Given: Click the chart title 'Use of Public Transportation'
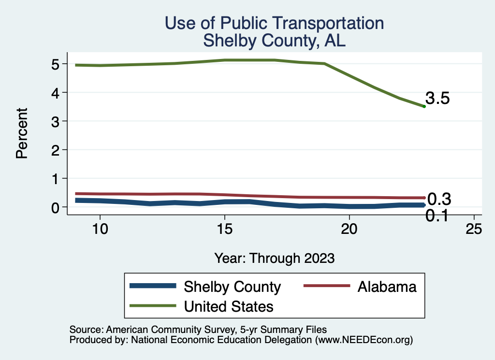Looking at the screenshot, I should coord(274,23).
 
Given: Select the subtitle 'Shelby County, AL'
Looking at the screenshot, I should coord(274,41).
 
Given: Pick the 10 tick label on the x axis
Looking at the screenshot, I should coord(100,229).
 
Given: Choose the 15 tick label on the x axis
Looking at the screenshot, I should coord(224,229).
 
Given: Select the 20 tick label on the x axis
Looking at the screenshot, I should coord(349,229).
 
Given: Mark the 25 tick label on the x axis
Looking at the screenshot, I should coord(474,229).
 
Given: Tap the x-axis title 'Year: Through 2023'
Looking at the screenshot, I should coord(274,258).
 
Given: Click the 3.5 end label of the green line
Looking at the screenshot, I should coord(437,99).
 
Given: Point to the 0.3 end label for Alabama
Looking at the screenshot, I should coord(439,199).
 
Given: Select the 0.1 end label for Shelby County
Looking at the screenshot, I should coord(437,216).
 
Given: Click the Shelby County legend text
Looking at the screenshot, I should coord(232,287).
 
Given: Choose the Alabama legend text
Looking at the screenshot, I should coord(387,287).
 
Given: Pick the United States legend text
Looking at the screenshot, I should coord(229,306).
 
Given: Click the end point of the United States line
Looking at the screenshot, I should coord(424,106).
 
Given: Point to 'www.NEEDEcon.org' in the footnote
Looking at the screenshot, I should coord(363,340).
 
